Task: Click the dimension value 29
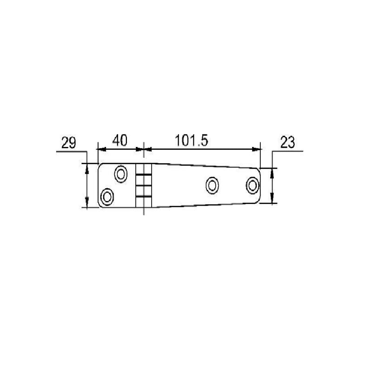[x=69, y=143]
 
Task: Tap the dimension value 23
[x=288, y=143]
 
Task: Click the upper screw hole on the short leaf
[x=121, y=174]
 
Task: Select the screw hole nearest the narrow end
[x=253, y=185]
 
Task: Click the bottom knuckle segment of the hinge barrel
[x=144, y=202]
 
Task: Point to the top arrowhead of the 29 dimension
[x=86, y=167]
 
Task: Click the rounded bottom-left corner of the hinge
[x=100, y=205]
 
